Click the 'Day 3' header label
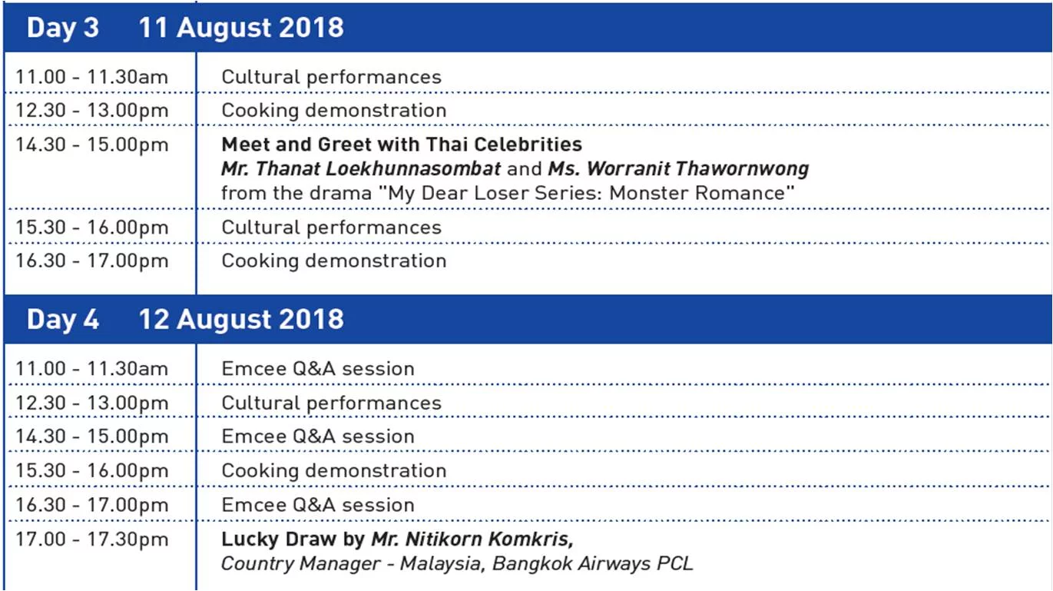62,28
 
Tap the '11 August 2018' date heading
241,28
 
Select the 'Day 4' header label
62,320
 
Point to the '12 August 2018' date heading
241,320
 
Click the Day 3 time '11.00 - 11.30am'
91,77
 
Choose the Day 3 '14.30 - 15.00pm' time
91,144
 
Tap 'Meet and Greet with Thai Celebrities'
402,144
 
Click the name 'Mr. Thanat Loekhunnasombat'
361,168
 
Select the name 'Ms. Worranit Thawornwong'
678,168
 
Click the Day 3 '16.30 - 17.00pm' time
91,261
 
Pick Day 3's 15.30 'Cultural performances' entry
331,227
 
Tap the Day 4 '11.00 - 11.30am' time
91,368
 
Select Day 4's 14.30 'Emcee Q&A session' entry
318,437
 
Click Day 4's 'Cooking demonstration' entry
334,470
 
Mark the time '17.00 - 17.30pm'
91,540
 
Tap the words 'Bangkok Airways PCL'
592,563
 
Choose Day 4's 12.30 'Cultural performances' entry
331,403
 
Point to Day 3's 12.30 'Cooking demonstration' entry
334,110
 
